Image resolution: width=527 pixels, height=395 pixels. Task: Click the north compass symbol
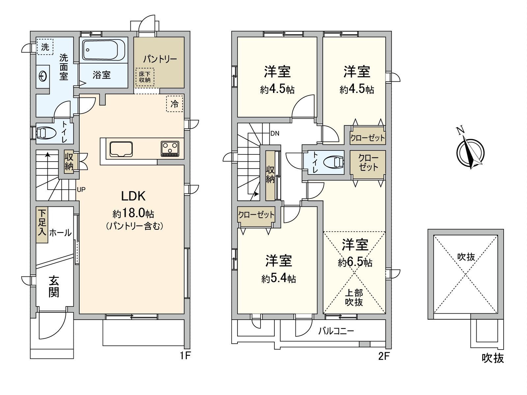[x=470, y=152]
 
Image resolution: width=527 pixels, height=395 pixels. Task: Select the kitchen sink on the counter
[x=121, y=148]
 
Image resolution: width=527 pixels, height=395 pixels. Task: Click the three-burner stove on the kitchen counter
[x=170, y=148]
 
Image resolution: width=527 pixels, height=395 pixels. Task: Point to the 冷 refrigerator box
[x=175, y=104]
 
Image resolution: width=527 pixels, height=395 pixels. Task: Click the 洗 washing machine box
[x=45, y=47]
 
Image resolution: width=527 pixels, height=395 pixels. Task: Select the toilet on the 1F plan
[x=43, y=133]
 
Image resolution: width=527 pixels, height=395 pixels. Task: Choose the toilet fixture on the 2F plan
[x=333, y=162]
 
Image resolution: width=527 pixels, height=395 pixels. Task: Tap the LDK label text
[x=133, y=197]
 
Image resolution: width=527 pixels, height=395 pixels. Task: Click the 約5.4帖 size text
[x=279, y=279]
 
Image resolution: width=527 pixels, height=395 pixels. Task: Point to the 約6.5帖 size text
[x=355, y=262]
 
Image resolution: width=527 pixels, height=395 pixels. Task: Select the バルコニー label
[x=336, y=331]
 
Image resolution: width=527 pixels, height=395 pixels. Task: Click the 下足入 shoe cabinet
[x=42, y=225]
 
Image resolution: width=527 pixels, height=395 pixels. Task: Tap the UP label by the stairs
[x=81, y=190]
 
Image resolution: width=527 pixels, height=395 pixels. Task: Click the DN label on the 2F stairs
[x=275, y=133]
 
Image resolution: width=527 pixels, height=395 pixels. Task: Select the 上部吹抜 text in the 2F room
[x=354, y=297]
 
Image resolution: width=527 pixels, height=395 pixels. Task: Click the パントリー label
[x=160, y=59]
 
